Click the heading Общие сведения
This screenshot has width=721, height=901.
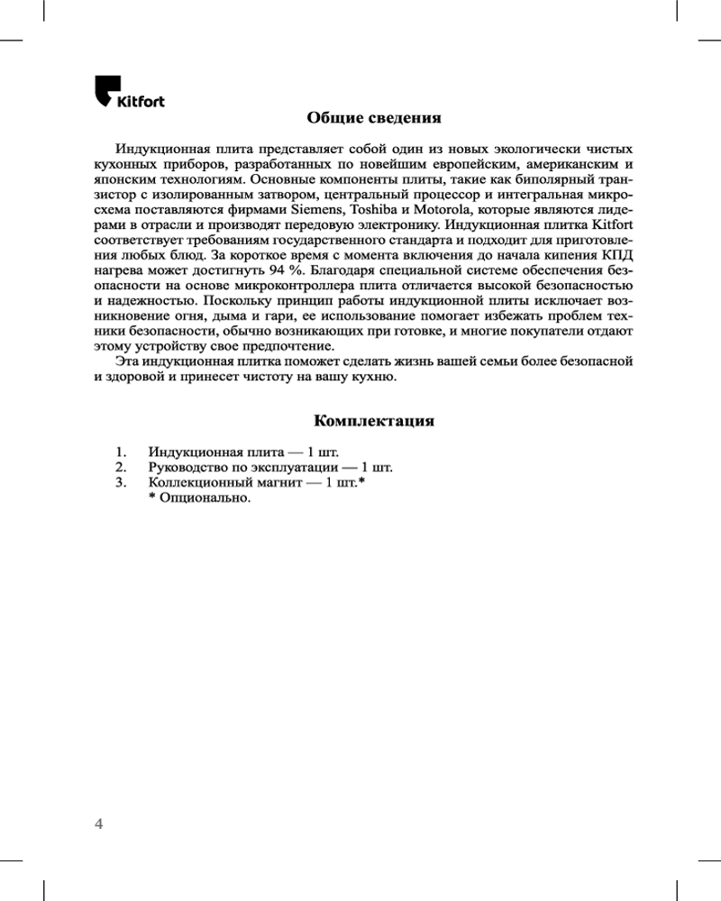pos(373,117)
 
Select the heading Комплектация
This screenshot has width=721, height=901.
pos(374,421)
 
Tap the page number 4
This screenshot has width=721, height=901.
pos(99,824)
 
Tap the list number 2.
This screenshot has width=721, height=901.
pos(120,467)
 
